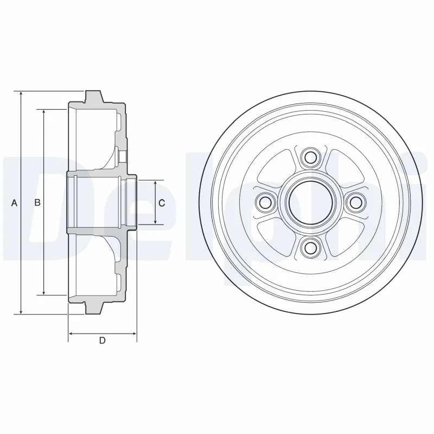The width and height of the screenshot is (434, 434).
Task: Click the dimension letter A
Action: pos(15,203)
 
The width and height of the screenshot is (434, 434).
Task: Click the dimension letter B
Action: pos(37,203)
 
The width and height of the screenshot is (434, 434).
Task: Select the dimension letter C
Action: pos(162,203)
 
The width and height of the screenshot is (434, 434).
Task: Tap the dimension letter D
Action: pos(101,341)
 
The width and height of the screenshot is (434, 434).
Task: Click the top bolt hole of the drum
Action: pos(310,158)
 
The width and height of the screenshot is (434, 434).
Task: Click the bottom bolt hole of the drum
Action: pos(310,248)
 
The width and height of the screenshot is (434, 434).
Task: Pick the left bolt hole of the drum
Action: pos(265,203)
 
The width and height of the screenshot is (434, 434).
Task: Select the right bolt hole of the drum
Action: pos(355,203)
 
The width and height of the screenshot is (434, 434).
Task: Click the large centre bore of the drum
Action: pos(310,203)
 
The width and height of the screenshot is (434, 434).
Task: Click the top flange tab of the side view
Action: pos(94,97)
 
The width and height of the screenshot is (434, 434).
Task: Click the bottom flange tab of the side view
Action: pos(94,308)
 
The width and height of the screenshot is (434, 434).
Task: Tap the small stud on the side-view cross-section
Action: pos(123,156)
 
